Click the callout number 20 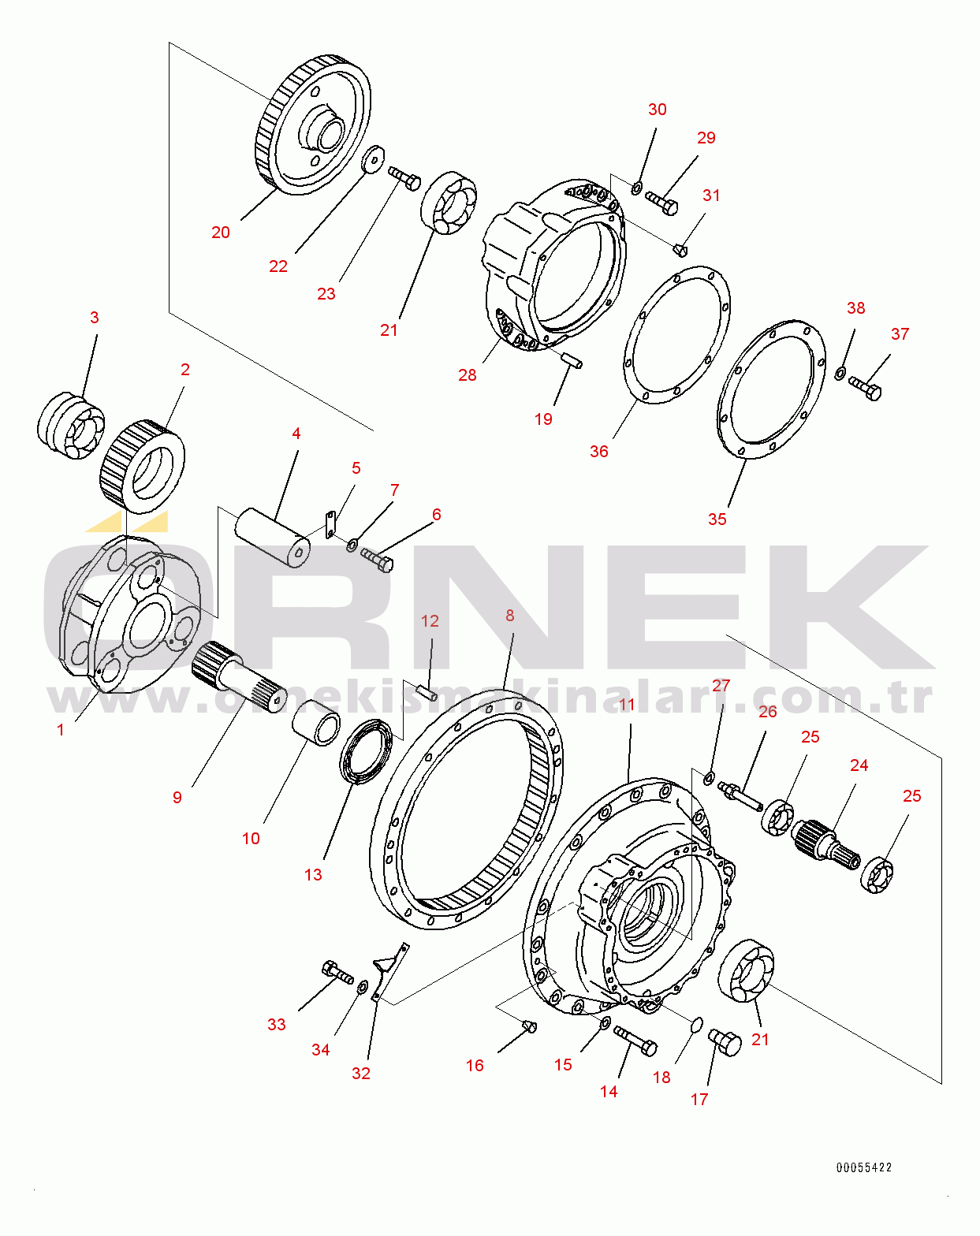pyautogui.click(x=221, y=233)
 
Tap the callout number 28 pyautogui.click(x=468, y=375)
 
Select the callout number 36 pyautogui.click(x=599, y=452)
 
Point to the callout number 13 pyautogui.click(x=313, y=875)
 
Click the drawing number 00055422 pyautogui.click(x=864, y=1167)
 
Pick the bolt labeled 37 pyautogui.click(x=866, y=388)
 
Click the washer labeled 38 pyautogui.click(x=840, y=373)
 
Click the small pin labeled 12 pyautogui.click(x=427, y=694)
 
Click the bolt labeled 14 pyautogui.click(x=635, y=1041)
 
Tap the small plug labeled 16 pyautogui.click(x=529, y=1026)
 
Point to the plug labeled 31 pyautogui.click(x=681, y=250)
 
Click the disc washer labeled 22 pyautogui.click(x=372, y=157)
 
